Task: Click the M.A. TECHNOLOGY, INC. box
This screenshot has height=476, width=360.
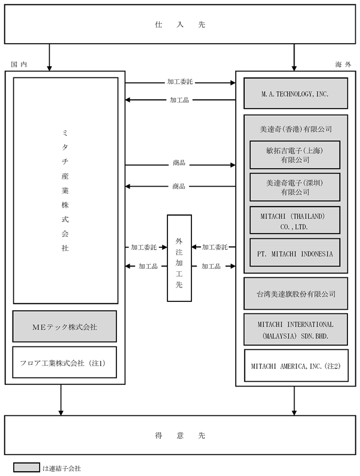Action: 296,93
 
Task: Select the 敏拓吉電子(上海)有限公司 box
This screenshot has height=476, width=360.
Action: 295,155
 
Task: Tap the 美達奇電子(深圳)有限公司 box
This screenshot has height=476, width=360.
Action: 295,187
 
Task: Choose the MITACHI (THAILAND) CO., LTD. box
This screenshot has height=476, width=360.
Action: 295,220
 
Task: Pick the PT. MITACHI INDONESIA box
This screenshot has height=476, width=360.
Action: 295,253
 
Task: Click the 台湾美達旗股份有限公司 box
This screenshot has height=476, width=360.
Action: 296,294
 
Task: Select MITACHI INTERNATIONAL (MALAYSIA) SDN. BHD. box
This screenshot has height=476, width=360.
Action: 296,330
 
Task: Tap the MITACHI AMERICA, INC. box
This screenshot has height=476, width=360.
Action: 296,366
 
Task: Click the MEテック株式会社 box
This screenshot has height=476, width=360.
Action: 64,327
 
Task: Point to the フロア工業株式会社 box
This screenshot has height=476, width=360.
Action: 64,363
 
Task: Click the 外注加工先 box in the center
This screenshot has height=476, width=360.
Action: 179,258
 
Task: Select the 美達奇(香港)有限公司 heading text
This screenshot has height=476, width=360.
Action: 296,129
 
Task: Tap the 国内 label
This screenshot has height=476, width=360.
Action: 19,64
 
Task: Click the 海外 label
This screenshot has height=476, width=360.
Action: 343,64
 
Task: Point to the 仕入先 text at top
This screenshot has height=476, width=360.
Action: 180,25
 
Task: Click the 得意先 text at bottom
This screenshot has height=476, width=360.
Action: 180,435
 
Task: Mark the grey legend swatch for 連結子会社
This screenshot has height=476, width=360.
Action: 26,467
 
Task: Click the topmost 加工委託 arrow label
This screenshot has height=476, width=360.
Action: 179,82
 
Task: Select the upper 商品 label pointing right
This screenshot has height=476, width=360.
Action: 179,163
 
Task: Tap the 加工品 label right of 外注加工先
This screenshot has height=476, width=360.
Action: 211,267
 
